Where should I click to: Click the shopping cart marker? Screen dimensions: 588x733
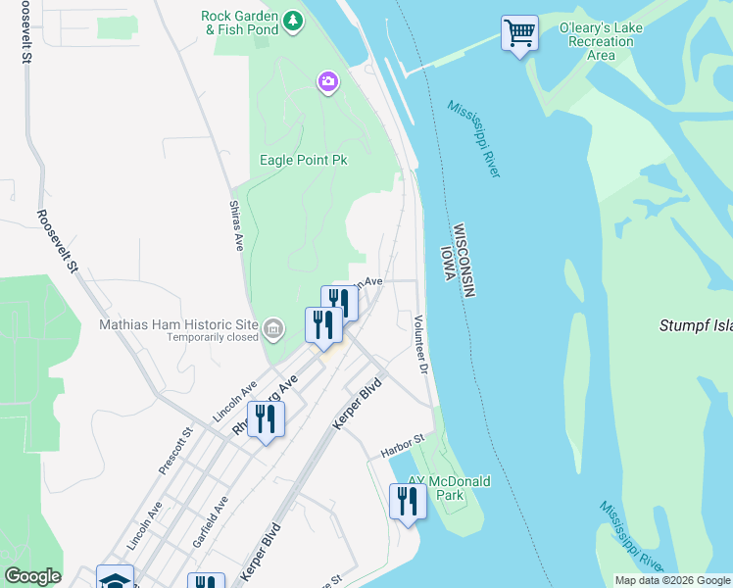pyautogui.click(x=519, y=33)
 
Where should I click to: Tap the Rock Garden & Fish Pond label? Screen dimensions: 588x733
pyautogui.click(x=239, y=23)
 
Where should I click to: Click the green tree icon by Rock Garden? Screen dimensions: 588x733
pyautogui.click(x=292, y=20)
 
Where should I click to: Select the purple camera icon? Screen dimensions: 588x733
pyautogui.click(x=327, y=82)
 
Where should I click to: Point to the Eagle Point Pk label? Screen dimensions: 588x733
pyautogui.click(x=304, y=160)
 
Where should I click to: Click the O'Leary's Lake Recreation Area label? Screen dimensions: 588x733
pyautogui.click(x=601, y=41)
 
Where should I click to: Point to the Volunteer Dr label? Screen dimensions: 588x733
pyautogui.click(x=421, y=343)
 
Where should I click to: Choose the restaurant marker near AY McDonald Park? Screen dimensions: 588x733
pyautogui.click(x=406, y=502)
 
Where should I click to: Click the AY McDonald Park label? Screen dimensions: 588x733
pyautogui.click(x=449, y=489)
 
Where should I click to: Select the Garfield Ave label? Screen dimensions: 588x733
pyautogui.click(x=211, y=520)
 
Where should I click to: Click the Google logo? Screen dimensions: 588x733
pyautogui.click(x=32, y=576)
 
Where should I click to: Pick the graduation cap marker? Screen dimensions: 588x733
pyautogui.click(x=115, y=578)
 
